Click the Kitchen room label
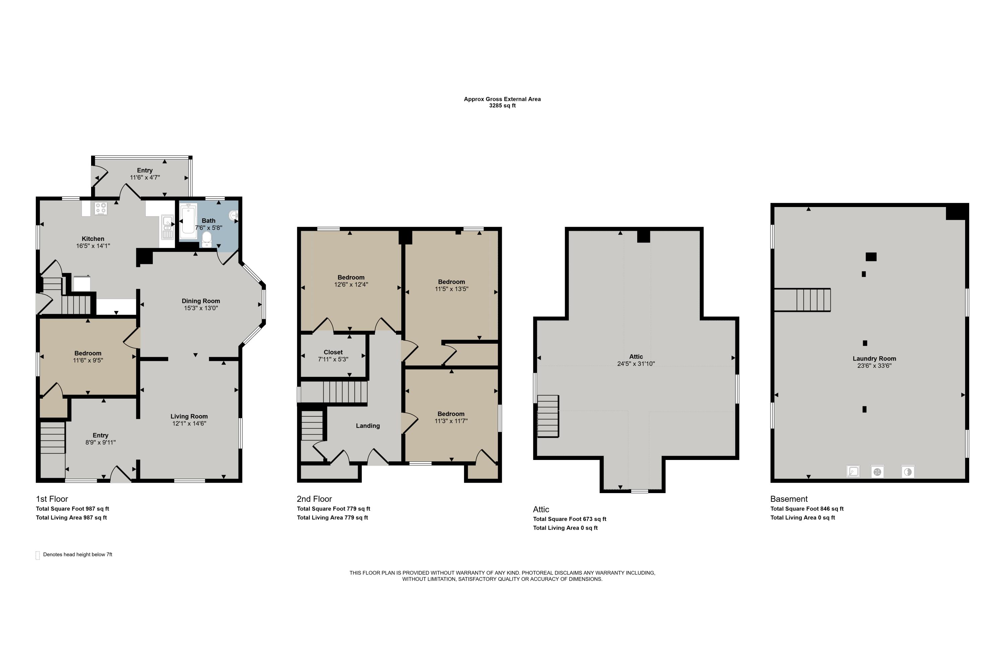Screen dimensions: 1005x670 point(93,239)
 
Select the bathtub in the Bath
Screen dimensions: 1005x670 point(188,220)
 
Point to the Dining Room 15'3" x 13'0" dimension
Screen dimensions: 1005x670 point(201,308)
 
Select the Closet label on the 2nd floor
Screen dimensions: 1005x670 point(333,352)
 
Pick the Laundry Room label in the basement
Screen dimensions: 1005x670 point(875,358)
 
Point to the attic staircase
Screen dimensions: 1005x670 point(548,416)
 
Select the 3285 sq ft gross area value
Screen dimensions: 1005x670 point(503,106)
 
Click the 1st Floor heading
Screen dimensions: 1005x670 point(52,499)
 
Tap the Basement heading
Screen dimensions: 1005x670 point(789,499)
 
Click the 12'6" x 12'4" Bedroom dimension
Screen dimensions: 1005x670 point(351,284)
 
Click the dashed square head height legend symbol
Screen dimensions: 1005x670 point(38,555)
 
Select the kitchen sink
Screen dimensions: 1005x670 point(167,227)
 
